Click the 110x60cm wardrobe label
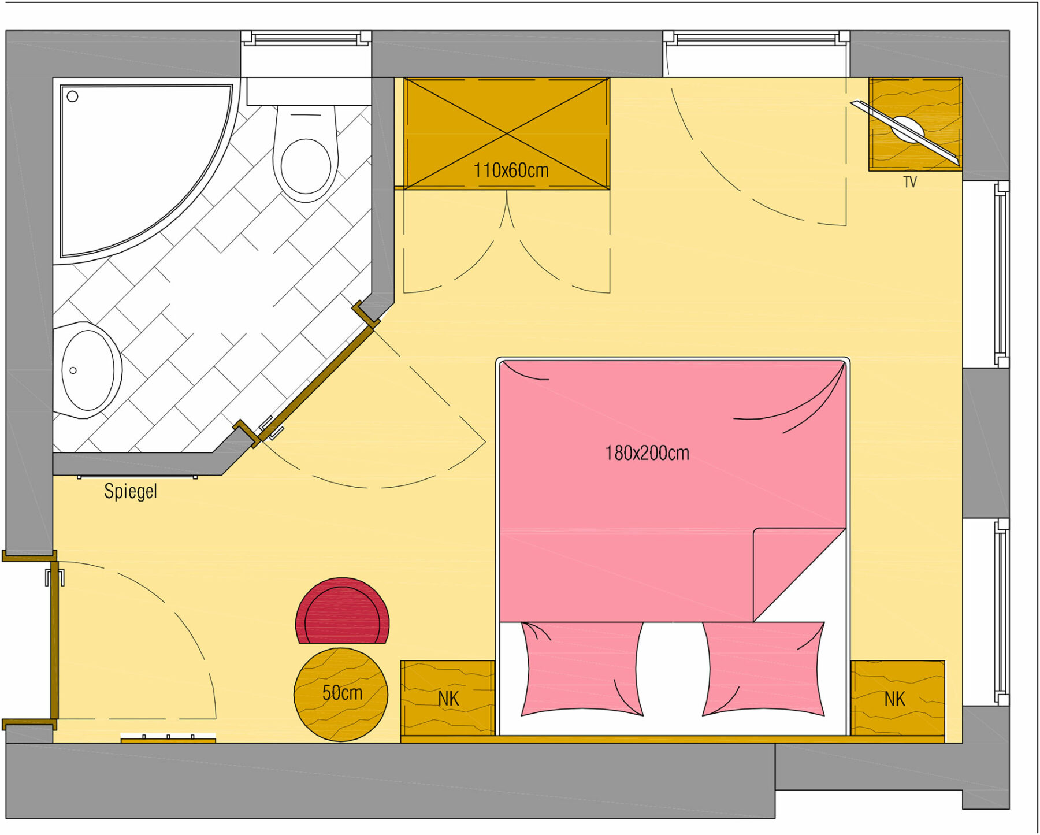click(511, 170)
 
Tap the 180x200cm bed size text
click(647, 453)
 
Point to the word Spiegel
click(131, 491)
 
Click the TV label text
click(910, 183)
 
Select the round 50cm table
click(341, 695)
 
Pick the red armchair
click(342, 611)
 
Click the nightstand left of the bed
click(448, 698)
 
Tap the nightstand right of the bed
click(897, 698)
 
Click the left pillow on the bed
click(582, 669)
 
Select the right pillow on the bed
click(763, 669)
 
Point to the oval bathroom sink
click(88, 370)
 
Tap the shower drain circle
click(72, 97)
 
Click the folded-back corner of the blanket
click(799, 574)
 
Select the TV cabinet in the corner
click(915, 124)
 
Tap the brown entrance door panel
click(54, 640)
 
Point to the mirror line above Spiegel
click(138, 477)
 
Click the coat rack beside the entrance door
click(168, 738)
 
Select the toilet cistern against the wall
click(309, 92)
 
